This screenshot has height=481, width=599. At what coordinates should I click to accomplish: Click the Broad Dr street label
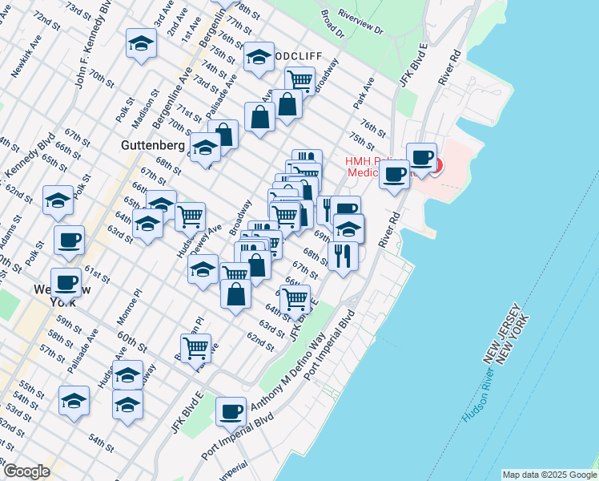(332, 24)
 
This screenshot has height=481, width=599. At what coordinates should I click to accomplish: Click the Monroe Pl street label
(131, 304)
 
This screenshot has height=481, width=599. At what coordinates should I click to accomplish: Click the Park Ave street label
(364, 94)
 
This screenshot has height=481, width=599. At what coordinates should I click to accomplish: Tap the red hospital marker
(436, 166)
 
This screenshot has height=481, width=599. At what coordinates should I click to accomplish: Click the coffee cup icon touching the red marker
(421, 156)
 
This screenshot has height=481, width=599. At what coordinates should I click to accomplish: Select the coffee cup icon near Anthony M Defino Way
(231, 411)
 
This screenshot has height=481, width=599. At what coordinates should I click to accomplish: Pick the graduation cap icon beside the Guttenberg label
(206, 149)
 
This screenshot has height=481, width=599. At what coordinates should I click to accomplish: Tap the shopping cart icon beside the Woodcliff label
(299, 79)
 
